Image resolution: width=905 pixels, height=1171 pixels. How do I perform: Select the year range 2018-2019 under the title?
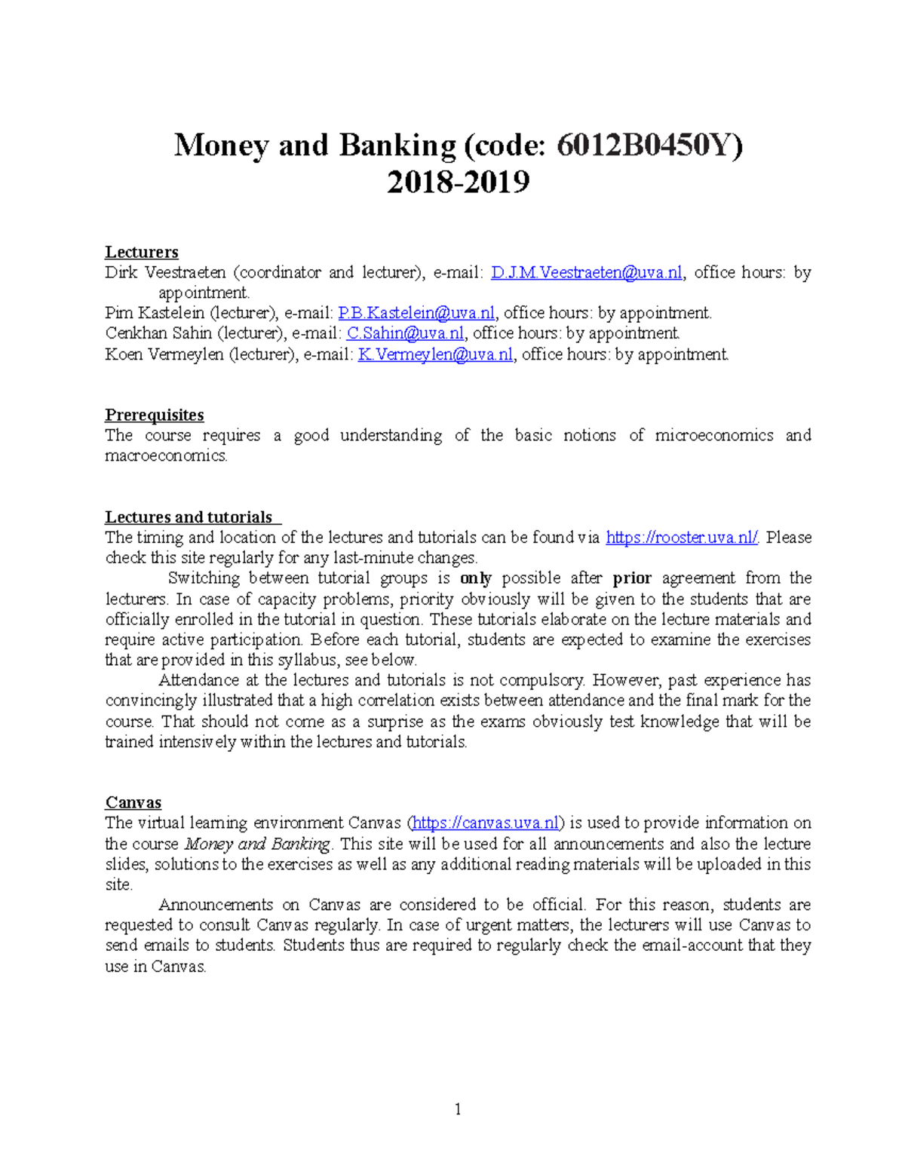(x=458, y=182)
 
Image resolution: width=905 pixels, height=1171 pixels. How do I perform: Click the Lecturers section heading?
(x=141, y=252)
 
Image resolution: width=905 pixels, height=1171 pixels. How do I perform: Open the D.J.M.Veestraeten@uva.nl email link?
(x=586, y=273)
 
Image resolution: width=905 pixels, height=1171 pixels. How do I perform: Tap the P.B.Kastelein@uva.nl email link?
(x=416, y=313)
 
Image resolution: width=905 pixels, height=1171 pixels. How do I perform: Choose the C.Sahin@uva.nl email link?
(x=405, y=333)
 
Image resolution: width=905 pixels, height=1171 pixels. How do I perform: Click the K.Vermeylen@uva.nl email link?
(x=435, y=354)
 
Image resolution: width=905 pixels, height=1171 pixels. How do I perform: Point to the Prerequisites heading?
(x=154, y=415)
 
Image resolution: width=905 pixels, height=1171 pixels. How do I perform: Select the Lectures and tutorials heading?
(x=189, y=517)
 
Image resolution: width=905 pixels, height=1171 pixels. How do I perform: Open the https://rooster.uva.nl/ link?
(x=682, y=538)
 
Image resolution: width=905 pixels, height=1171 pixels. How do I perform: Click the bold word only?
(x=475, y=578)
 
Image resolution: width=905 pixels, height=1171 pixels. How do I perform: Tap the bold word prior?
(x=632, y=578)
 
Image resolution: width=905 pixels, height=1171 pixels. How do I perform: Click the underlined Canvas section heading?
(x=133, y=802)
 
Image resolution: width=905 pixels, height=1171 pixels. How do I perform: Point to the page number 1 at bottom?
(x=457, y=1108)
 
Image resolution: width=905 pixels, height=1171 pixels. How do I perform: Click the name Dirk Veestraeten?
(x=165, y=273)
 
